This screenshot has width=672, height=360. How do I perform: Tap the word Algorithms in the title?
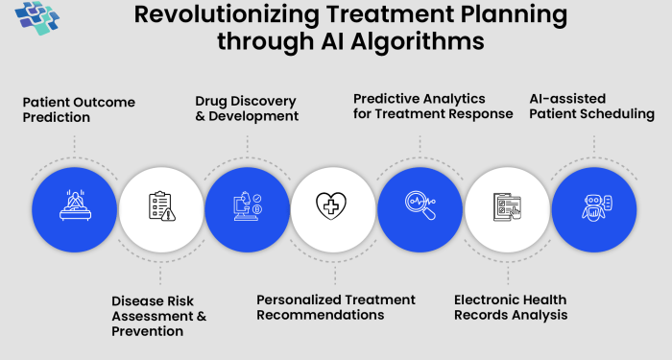coord(420,42)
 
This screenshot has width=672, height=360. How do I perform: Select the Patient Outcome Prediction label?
coord(79,109)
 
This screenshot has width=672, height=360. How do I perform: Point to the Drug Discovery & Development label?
coord(247,108)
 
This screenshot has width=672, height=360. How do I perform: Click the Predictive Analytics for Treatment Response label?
coord(420,106)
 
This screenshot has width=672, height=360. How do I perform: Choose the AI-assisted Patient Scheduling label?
coord(591,106)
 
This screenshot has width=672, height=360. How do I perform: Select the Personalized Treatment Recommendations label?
coord(336,307)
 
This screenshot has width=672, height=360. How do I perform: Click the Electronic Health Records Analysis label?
coord(511,307)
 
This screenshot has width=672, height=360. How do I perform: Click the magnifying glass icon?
coord(420,206)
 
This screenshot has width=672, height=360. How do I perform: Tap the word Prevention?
coord(147,331)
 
